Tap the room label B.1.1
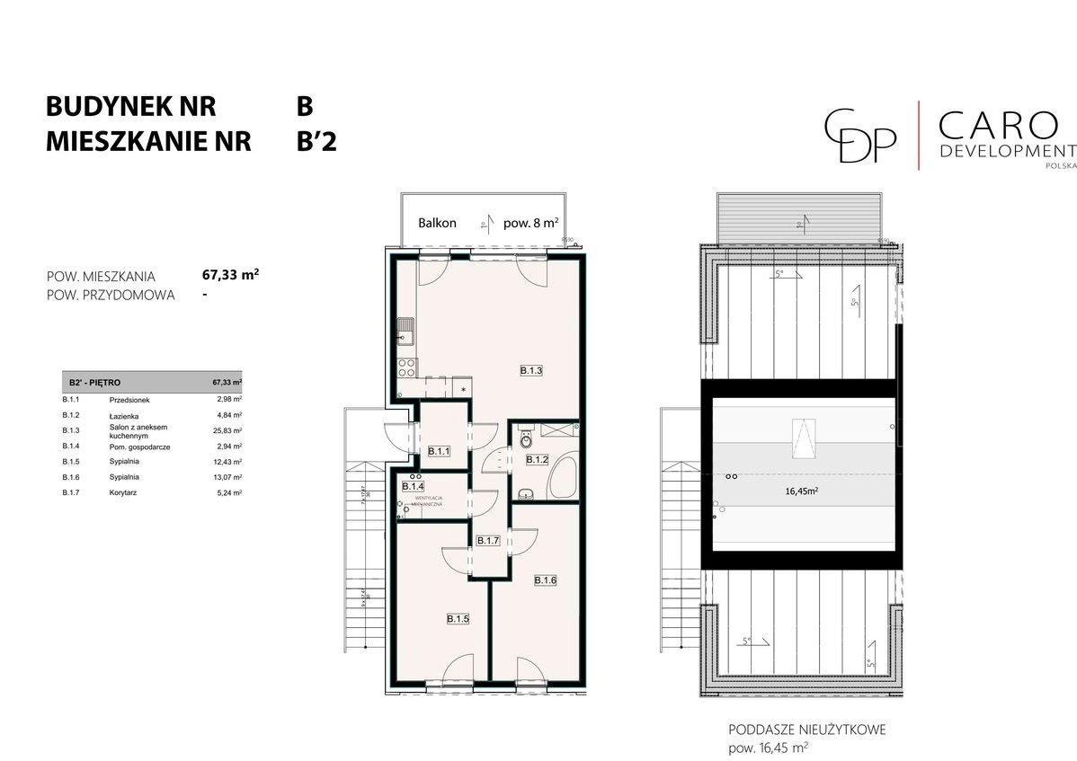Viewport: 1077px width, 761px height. pyautogui.click(x=438, y=451)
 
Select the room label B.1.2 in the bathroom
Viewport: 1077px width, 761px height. pyautogui.click(x=537, y=459)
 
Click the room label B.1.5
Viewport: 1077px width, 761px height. pyautogui.click(x=458, y=618)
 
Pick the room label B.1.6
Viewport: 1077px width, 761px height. pyautogui.click(x=545, y=580)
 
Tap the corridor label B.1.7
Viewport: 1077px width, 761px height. pyautogui.click(x=487, y=541)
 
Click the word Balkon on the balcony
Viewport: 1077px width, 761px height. pyautogui.click(x=438, y=223)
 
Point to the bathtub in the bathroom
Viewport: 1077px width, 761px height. pyautogui.click(x=563, y=476)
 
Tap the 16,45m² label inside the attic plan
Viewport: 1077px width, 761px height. pyautogui.click(x=800, y=491)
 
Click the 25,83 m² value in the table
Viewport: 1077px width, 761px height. pyautogui.click(x=228, y=430)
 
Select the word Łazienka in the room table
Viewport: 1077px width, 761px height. pyautogui.click(x=123, y=415)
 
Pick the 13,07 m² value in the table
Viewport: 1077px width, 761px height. pyautogui.click(x=228, y=478)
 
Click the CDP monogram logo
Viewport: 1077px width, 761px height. pyautogui.click(x=861, y=135)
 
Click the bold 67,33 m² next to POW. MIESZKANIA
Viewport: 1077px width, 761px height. pyautogui.click(x=231, y=276)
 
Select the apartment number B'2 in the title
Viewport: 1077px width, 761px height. pyautogui.click(x=316, y=141)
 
